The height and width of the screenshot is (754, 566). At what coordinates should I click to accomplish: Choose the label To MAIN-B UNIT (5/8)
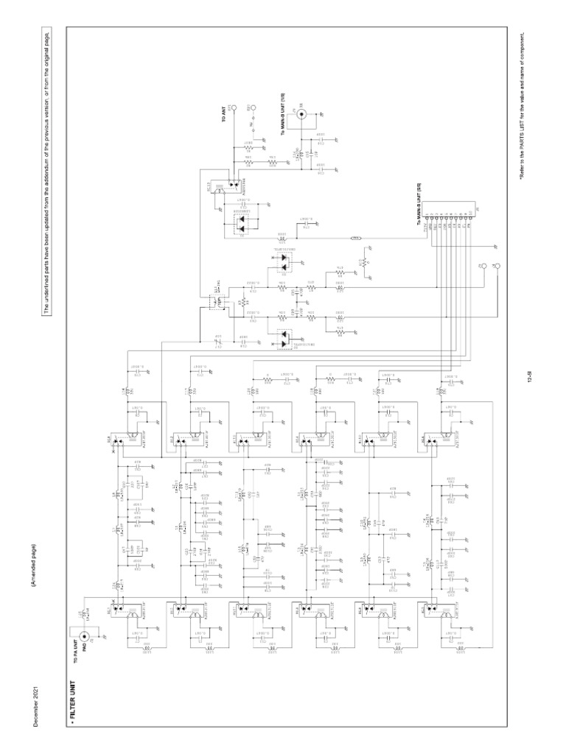pos(420,211)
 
